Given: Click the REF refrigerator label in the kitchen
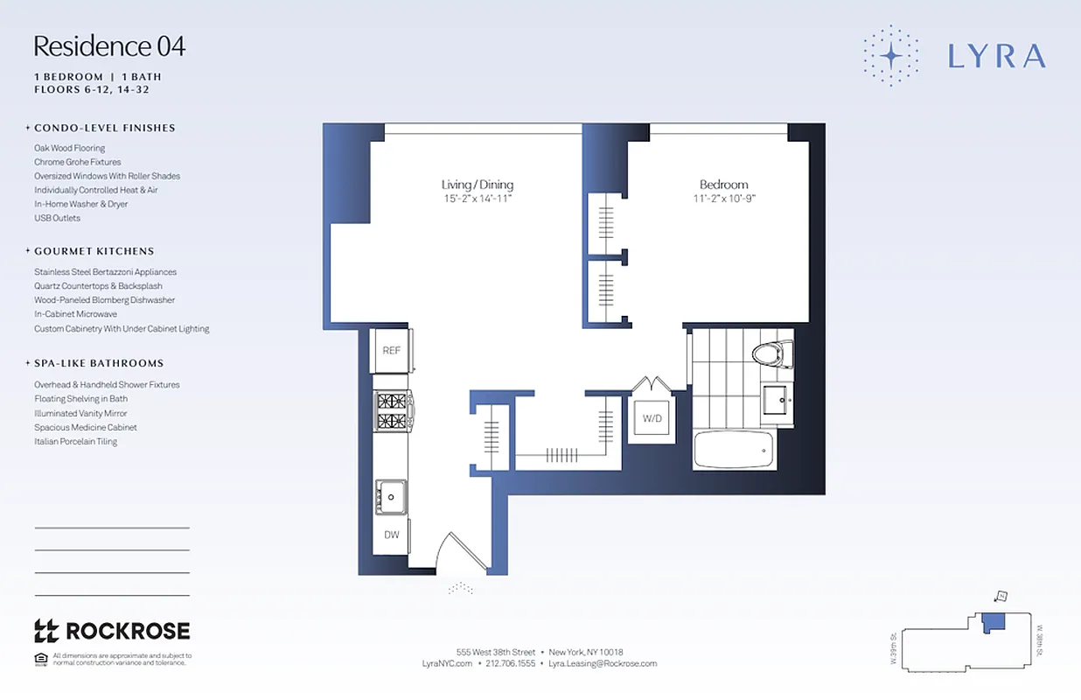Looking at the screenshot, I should coord(391,350).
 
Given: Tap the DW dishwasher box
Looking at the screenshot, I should coord(391,535).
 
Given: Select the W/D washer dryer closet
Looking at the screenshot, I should coord(652,419).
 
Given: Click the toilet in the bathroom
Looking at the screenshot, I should coord(771,354).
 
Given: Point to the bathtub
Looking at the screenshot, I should coord(732,450).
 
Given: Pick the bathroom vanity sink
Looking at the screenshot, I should coord(776,401).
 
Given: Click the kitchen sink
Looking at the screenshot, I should coord(390,496).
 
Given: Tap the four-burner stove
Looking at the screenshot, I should coord(393,411).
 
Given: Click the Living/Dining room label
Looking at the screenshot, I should coord(477,185).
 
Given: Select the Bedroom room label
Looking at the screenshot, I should coord(723,185).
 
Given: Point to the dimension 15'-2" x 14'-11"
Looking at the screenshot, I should coord(477,199).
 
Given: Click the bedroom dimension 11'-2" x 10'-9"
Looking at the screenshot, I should coord(724,199).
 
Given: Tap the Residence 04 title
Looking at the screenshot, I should coord(109,46).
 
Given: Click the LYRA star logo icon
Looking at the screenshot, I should coord(890,56).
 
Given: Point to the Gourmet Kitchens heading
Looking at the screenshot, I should coord(94,251).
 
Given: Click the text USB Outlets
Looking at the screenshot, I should coord(57,218).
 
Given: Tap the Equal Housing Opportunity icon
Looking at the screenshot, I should coord(40,659).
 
